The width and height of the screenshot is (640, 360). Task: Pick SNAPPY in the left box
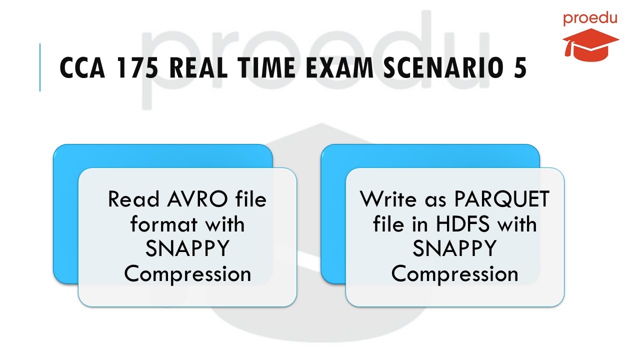click(187, 249)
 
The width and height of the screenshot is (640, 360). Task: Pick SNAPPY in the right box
click(454, 249)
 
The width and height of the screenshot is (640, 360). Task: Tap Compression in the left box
click(187, 273)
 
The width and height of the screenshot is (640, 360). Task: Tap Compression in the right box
click(454, 273)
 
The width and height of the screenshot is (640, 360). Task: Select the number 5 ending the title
click(519, 68)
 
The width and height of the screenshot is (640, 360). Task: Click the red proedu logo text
click(590, 19)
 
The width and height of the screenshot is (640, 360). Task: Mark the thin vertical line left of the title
click(40, 67)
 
